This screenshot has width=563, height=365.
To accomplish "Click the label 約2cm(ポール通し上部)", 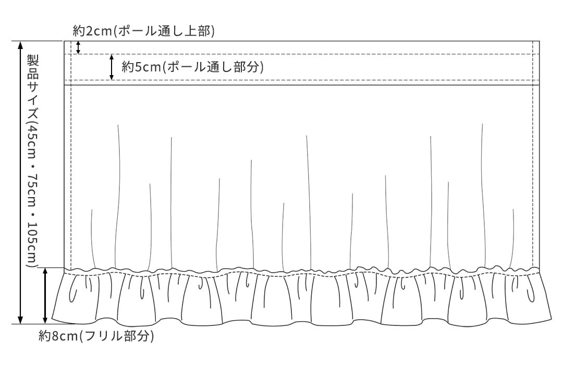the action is [144, 31].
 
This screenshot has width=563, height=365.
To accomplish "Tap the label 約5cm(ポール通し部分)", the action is [192, 67].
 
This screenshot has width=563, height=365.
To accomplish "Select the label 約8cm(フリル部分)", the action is [96, 336].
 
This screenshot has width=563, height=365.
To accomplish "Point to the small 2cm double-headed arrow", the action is [79, 48].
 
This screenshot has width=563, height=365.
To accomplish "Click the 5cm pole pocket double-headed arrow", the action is [112, 67].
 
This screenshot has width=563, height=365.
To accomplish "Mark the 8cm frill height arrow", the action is [45, 296].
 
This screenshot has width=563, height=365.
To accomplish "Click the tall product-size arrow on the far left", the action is [20, 182].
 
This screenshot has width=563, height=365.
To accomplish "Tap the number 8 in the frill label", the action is [56, 337].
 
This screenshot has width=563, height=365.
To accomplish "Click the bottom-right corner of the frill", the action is [552, 318].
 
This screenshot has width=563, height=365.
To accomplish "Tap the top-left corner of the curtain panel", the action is [64, 41].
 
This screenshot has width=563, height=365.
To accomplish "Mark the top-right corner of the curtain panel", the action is [540, 41].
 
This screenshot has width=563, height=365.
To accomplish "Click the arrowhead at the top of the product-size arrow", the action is [20, 44].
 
